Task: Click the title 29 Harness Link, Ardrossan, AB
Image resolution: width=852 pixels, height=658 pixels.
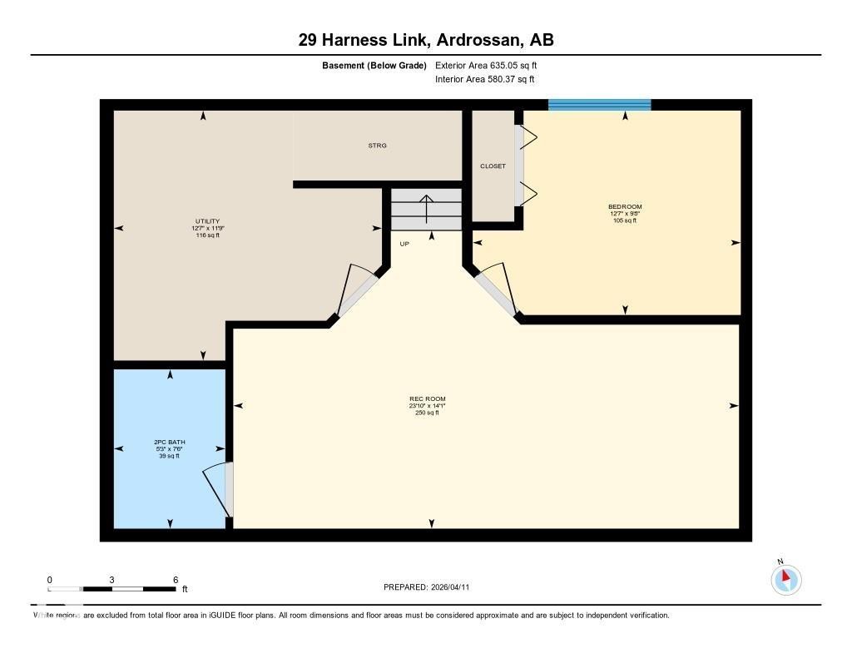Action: pyautogui.click(x=426, y=39)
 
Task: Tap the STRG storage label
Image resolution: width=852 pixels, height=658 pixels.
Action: pyautogui.click(x=377, y=146)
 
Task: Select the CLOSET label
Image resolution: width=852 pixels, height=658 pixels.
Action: pyautogui.click(x=493, y=166)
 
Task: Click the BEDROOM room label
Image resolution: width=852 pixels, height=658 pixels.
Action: pyautogui.click(x=625, y=206)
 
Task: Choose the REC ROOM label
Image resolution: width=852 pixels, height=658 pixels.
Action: pyautogui.click(x=427, y=399)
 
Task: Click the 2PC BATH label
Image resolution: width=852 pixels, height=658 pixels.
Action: pyautogui.click(x=169, y=442)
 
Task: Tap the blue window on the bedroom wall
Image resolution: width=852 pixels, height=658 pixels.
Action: pyautogui.click(x=599, y=105)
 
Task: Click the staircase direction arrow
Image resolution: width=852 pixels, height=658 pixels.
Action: pyautogui.click(x=426, y=209)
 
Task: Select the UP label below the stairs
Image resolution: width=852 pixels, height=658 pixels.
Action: pyautogui.click(x=404, y=244)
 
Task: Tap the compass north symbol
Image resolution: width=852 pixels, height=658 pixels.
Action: pyautogui.click(x=785, y=578)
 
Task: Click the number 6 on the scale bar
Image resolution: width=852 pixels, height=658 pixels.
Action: pyautogui.click(x=175, y=580)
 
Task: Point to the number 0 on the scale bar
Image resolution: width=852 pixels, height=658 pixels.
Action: pyautogui.click(x=50, y=580)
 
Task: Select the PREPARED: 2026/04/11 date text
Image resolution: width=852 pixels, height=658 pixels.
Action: pyautogui.click(x=426, y=587)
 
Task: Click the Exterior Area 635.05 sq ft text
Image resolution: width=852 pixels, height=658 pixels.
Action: pyautogui.click(x=492, y=65)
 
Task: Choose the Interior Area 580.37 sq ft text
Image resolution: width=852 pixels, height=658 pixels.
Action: pyautogui.click(x=484, y=80)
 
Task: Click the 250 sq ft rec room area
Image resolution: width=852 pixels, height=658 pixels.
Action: pyautogui.click(x=427, y=413)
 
